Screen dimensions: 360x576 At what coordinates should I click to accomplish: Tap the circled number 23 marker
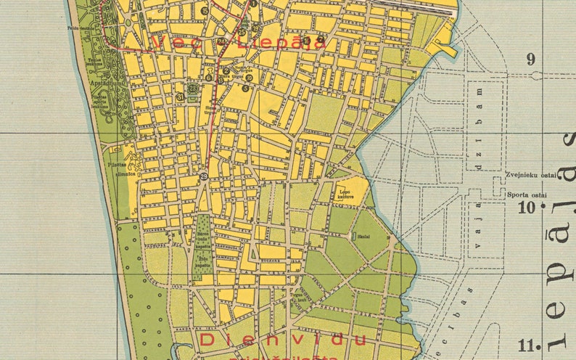193,89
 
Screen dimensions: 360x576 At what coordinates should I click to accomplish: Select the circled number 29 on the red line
204,176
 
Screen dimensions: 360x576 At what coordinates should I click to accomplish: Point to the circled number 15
205,11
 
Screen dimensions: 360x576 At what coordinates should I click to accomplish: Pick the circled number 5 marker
245,89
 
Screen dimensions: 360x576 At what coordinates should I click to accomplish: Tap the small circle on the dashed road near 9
511,75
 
